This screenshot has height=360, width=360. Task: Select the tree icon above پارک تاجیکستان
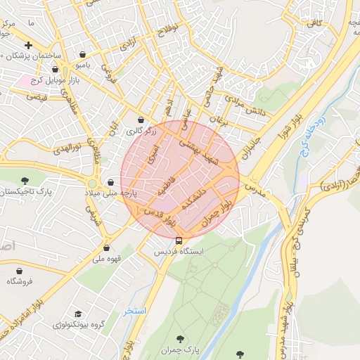pos(25,181)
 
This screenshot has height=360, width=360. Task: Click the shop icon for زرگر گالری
pos(141,120)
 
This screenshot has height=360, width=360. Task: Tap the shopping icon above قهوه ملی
pos(106,247)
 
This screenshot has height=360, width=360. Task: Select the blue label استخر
pos(134,310)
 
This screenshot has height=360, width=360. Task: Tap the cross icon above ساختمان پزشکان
pos(28,44)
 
